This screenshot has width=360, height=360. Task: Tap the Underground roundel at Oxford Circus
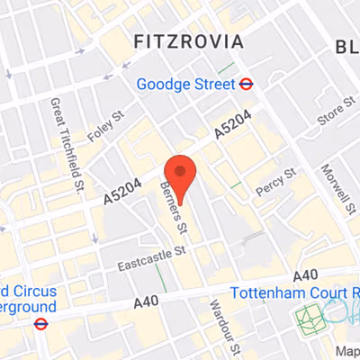[40, 323]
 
